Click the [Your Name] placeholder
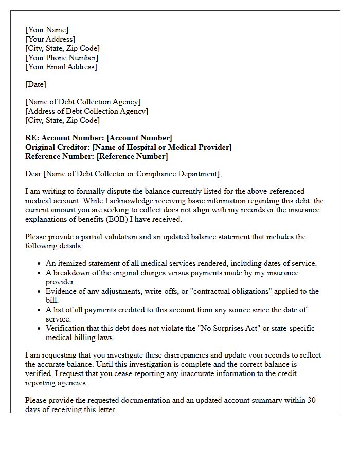47,30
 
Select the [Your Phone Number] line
62,58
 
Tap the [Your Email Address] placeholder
61,67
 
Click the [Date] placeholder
35,84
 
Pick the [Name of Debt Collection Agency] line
83,102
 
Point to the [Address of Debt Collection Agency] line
86,111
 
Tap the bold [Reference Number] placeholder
132,156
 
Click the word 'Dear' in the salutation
33,174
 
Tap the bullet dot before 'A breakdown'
40,273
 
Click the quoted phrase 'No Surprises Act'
223,328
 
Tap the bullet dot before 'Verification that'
40,329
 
